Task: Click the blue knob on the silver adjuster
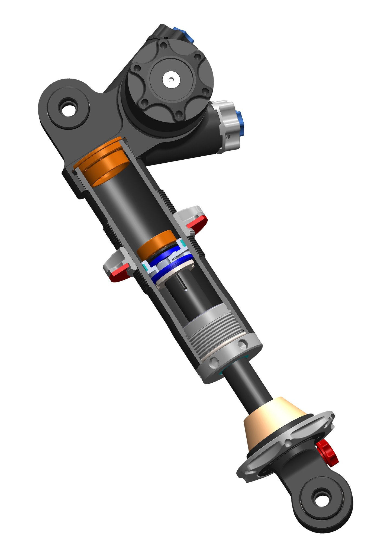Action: tap(240, 123)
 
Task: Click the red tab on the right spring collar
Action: tap(198, 223)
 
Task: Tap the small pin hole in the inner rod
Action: tap(185, 289)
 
